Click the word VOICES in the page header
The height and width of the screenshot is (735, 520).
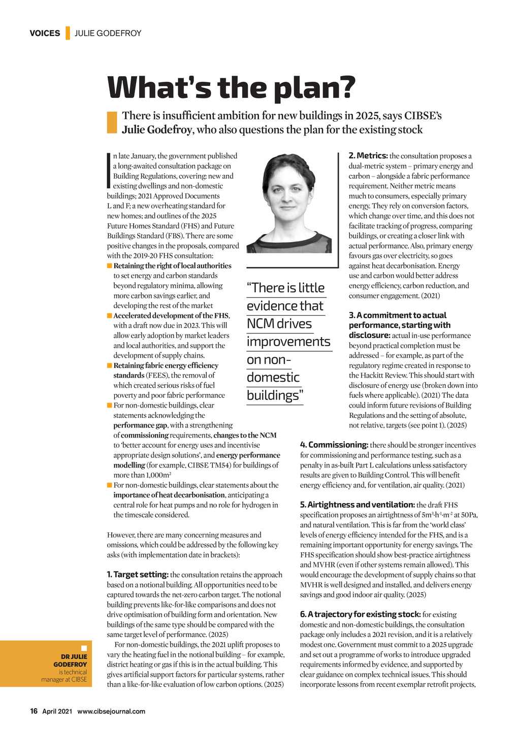pyautogui.click(x=45, y=34)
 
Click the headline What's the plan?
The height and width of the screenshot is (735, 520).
pyautogui.click(x=231, y=87)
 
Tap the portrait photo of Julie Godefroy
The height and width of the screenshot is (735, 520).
pyautogui.click(x=289, y=204)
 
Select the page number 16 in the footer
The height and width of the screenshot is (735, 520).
pyautogui.click(x=34, y=711)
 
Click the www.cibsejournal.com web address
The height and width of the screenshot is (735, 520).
pyautogui.click(x=111, y=711)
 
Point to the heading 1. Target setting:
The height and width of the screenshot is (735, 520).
pyautogui.click(x=138, y=575)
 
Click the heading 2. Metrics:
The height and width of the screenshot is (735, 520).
pyautogui.click(x=368, y=156)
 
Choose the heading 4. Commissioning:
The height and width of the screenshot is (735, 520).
pyautogui.click(x=334, y=445)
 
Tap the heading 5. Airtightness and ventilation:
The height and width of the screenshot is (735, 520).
pyautogui.click(x=357, y=505)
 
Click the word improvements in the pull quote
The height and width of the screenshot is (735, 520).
pyautogui.click(x=288, y=342)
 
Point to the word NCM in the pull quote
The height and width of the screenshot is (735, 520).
pyautogui.click(x=258, y=324)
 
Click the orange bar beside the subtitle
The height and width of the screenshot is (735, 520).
pyautogui.click(x=112, y=122)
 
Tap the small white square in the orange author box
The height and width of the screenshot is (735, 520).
pyautogui.click(x=84, y=648)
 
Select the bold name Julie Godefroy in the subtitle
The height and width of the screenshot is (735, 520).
pyautogui.click(x=157, y=130)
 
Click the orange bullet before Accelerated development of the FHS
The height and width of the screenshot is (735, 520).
pyautogui.click(x=109, y=316)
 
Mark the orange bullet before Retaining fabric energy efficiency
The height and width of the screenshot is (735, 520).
pyautogui.click(x=109, y=365)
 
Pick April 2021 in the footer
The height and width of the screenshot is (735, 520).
pyautogui.click(x=57, y=711)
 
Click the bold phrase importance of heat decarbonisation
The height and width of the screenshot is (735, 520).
pyautogui.click(x=169, y=495)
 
